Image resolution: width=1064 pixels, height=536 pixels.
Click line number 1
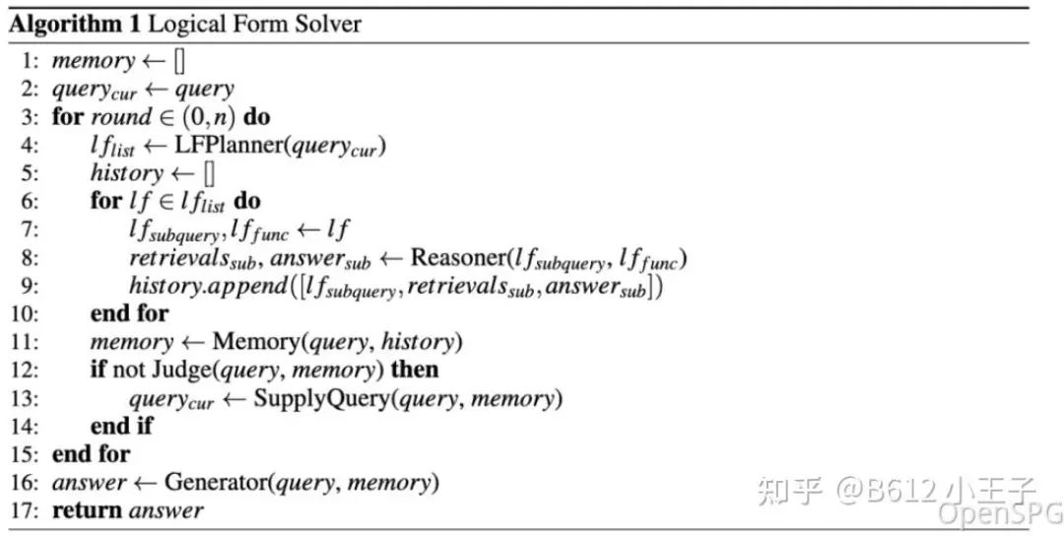point(30,61)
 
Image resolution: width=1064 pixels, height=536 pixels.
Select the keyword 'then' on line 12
point(414,370)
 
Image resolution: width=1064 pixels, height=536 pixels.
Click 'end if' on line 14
point(122,427)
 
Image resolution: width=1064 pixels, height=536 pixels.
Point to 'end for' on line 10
point(129,314)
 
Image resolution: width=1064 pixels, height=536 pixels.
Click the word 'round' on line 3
point(122,117)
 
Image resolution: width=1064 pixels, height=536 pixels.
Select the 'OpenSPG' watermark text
point(997,513)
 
